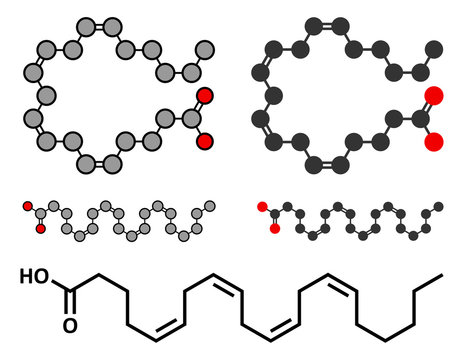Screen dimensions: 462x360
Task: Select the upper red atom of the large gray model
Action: [x=204, y=96]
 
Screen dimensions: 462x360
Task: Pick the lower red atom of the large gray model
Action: [x=204, y=141]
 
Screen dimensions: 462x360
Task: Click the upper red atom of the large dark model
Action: [x=433, y=96]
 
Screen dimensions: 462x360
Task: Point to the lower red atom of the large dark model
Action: [x=433, y=142]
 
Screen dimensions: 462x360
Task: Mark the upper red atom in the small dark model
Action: [x=262, y=207]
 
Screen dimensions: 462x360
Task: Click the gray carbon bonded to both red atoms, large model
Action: [x=185, y=119]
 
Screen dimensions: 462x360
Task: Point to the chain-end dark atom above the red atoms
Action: [x=433, y=48]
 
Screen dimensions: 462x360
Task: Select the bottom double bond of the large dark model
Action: [x=320, y=164]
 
